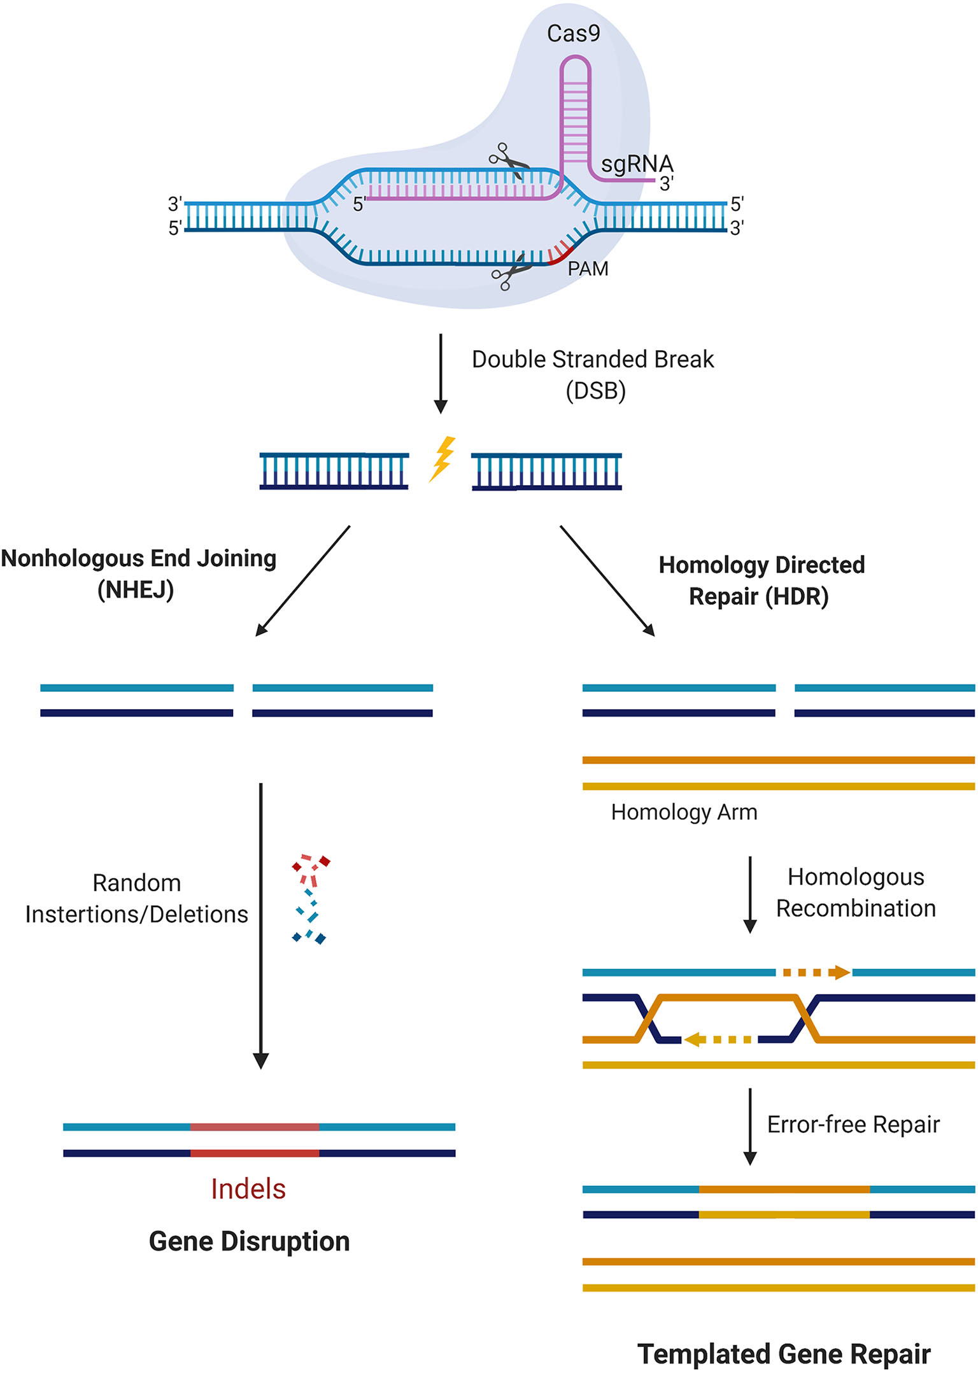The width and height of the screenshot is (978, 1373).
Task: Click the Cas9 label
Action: [573, 33]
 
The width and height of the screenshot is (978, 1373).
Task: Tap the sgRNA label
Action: [636, 164]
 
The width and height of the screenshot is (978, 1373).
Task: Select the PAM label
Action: [587, 269]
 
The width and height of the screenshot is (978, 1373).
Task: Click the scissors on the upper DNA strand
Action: [509, 161]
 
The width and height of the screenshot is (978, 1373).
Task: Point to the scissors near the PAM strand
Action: [511, 272]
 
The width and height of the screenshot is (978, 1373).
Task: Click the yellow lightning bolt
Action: [443, 458]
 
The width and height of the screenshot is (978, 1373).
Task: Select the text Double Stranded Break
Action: [592, 360]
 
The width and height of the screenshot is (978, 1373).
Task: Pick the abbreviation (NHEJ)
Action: [136, 590]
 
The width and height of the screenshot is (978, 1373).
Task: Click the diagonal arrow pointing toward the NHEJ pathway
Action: [302, 581]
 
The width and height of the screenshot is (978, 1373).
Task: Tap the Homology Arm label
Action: [684, 812]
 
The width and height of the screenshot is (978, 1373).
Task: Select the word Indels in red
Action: [248, 1189]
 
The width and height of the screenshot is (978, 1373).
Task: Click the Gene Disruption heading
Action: [249, 1242]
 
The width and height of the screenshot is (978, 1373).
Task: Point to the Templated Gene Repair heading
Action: [784, 1354]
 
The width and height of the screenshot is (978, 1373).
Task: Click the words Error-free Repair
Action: [853, 1125]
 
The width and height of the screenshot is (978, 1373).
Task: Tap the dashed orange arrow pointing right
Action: [816, 972]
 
